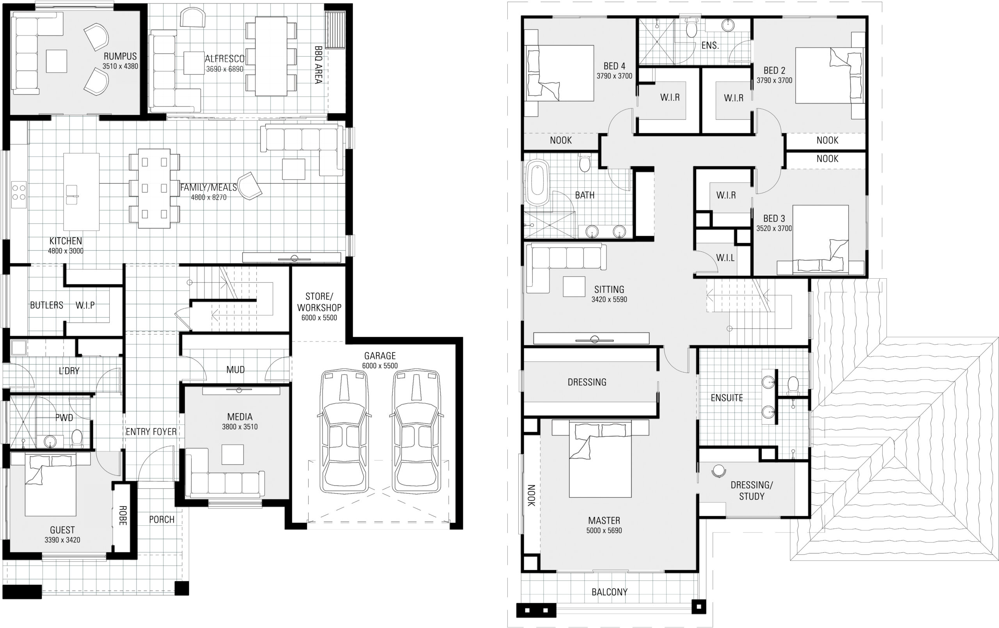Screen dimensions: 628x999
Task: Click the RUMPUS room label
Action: [120, 56]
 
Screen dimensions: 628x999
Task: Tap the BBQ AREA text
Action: [318, 65]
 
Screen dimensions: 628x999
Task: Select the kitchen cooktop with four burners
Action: [19, 192]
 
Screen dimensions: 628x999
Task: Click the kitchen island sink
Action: [72, 194]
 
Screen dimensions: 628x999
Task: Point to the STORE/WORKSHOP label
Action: [319, 302]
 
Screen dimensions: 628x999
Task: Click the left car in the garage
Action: [344, 432]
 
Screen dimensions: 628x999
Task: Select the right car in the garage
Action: [416, 432]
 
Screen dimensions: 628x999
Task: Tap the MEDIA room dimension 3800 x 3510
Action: [240, 427]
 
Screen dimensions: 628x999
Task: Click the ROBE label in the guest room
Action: [123, 515]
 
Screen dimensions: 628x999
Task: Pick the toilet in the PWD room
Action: [77, 438]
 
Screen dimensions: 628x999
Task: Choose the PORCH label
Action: [162, 519]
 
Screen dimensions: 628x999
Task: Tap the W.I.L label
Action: [725, 258]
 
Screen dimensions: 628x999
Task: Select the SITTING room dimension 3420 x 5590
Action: [609, 299]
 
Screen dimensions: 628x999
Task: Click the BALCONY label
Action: [609, 592]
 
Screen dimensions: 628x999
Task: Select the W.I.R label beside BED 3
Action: [725, 195]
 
